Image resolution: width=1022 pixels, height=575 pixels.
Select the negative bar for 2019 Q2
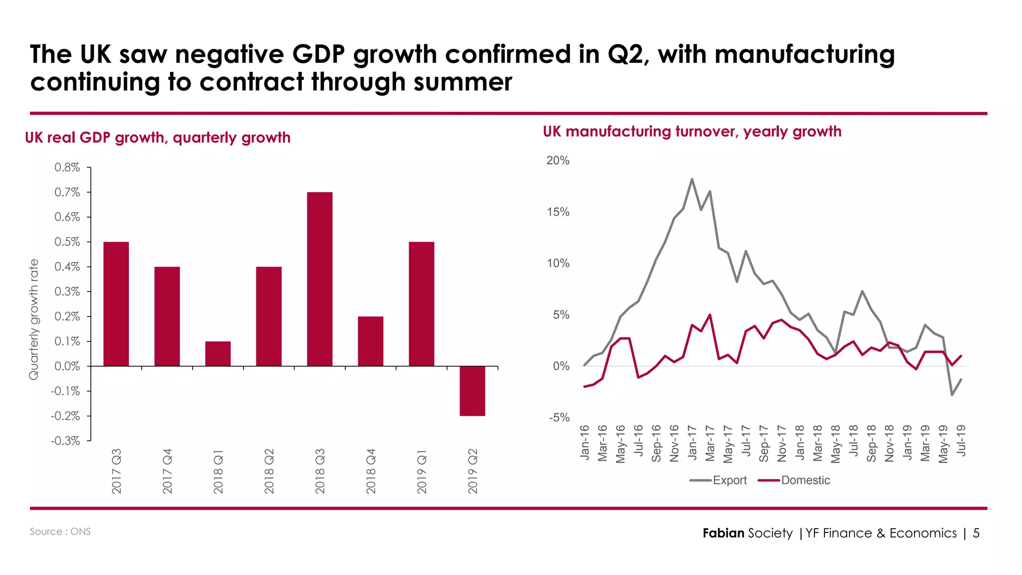point(472,391)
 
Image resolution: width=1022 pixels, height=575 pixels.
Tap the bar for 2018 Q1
point(218,353)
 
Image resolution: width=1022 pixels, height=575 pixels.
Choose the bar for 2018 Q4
point(370,341)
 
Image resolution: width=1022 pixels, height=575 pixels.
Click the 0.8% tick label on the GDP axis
point(67,168)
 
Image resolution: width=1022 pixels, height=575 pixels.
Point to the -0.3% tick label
point(65,441)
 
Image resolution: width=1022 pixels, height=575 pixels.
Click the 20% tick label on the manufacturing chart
point(557,161)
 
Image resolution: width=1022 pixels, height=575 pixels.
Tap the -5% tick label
point(559,418)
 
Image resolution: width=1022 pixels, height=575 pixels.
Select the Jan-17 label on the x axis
point(692,442)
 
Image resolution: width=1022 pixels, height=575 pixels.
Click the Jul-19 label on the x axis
point(961,440)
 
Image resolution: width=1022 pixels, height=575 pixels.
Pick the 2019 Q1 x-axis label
point(422,471)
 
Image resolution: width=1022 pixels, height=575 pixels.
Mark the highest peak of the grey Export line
point(692,179)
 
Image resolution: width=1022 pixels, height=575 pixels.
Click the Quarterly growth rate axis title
point(33,319)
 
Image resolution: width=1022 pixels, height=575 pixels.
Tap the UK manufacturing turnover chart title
point(692,132)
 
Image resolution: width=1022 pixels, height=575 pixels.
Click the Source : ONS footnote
point(60,532)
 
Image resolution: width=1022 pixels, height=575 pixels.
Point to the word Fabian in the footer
point(723,533)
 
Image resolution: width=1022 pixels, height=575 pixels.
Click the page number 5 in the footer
point(976,533)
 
